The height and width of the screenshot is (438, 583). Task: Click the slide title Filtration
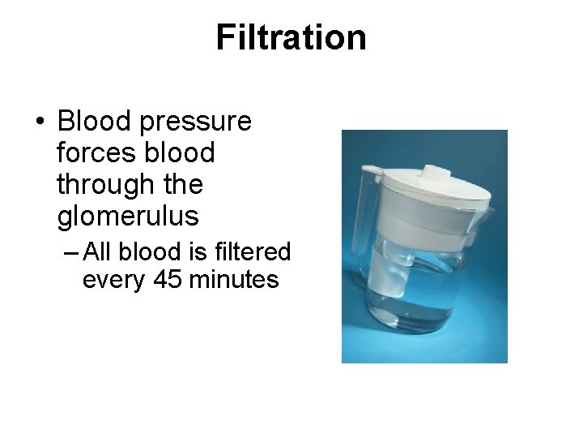coord(291,37)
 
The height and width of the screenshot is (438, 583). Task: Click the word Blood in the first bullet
coord(95,122)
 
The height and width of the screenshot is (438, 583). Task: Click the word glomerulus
coord(128,217)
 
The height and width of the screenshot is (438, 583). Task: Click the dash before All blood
coord(70,253)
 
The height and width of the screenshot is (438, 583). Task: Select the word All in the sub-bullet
coord(97,252)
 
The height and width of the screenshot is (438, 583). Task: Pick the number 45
coord(161,280)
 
